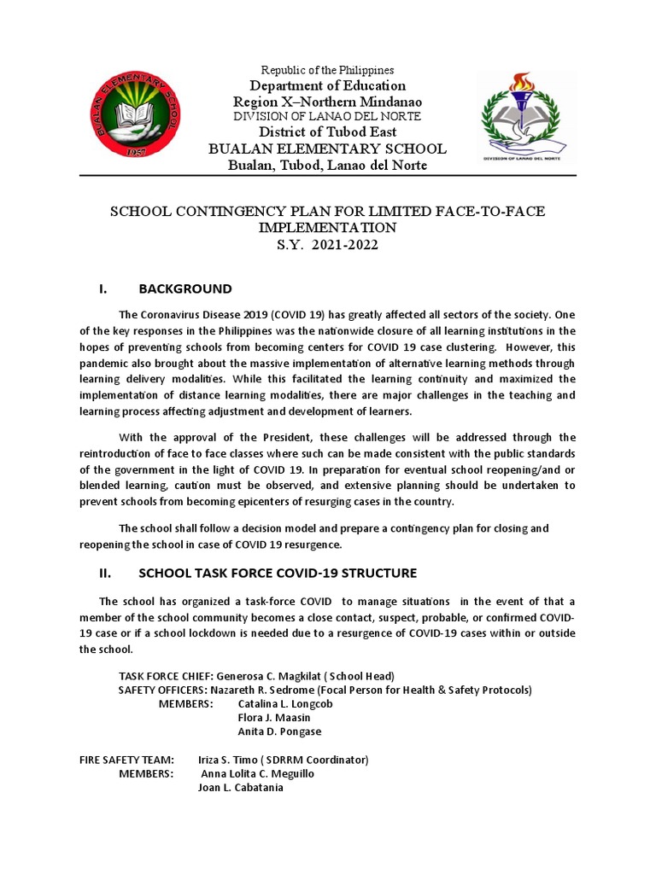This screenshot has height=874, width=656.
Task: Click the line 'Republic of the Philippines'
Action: coord(327,70)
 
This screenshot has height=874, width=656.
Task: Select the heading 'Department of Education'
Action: coord(327,85)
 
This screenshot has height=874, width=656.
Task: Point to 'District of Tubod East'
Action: coord(327,132)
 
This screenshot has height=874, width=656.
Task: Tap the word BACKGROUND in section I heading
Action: coord(185,288)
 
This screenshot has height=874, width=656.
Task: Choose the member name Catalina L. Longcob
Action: coord(284,704)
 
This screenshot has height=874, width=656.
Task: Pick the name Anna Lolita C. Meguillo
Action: coord(257,773)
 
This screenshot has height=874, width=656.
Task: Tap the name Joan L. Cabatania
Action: coord(240,787)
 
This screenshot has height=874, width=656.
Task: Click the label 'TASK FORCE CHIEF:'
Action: coord(166,675)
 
